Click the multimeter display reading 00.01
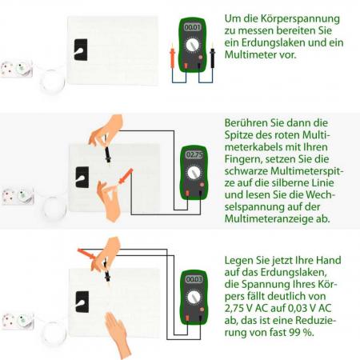click(x=192, y=27)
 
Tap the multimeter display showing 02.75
click(x=193, y=154)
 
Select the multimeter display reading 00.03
click(x=193, y=279)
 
